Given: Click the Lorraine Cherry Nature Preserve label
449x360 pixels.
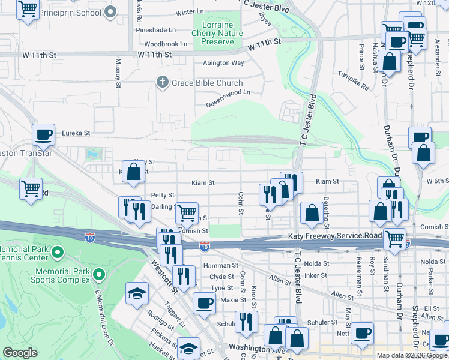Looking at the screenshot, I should [217, 34].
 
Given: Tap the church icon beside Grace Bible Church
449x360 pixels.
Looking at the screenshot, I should [161, 83].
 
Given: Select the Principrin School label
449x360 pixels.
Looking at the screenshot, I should [73, 12].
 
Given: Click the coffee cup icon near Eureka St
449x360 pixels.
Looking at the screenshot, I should [44, 134].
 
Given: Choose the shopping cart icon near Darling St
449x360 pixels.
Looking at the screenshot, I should [187, 211].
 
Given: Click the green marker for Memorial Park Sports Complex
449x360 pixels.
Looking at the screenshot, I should [99, 275].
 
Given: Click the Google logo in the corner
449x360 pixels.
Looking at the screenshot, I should [20, 353].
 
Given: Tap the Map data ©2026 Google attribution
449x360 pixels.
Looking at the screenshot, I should [412, 355].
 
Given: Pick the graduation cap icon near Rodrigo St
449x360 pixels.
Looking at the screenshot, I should [137, 293].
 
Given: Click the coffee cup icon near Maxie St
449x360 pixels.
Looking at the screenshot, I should [204, 302].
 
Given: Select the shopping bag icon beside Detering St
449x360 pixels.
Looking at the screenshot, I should [312, 212].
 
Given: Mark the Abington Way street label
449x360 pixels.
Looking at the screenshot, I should [223, 63].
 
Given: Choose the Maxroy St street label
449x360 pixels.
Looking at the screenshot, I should [118, 72].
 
